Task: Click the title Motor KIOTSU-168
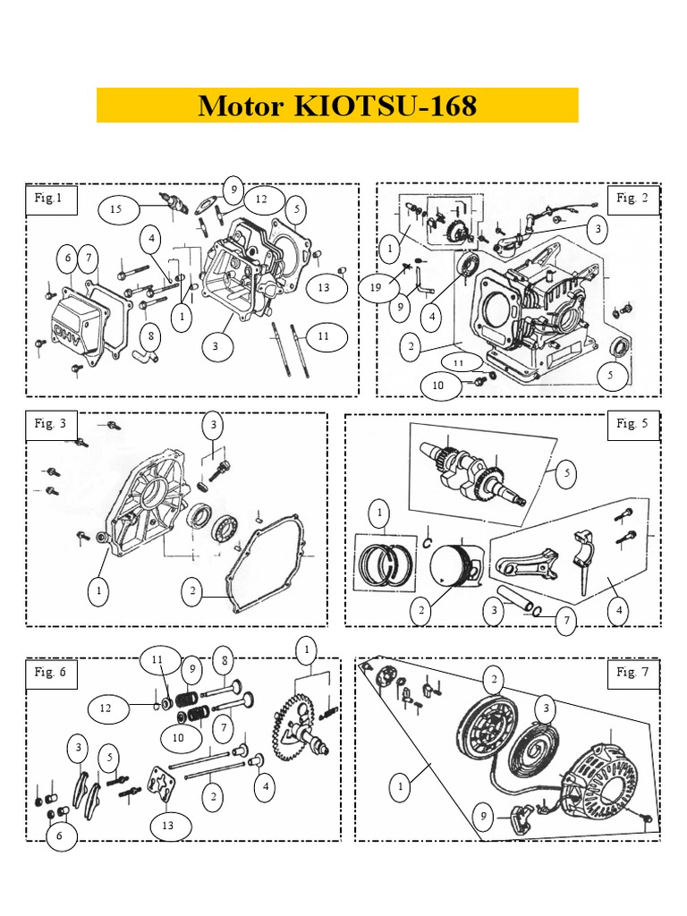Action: point(337,106)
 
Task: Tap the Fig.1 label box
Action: point(51,199)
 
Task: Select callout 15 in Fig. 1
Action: point(116,208)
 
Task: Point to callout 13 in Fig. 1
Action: point(324,287)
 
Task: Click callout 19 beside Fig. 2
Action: point(376,287)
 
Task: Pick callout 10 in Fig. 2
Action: point(438,385)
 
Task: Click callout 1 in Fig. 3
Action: point(98,590)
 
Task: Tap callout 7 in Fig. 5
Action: point(566,621)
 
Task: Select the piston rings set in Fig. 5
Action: point(385,564)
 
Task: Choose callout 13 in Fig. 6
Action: point(167,826)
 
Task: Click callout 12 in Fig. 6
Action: point(106,708)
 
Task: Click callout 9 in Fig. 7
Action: point(484,816)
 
